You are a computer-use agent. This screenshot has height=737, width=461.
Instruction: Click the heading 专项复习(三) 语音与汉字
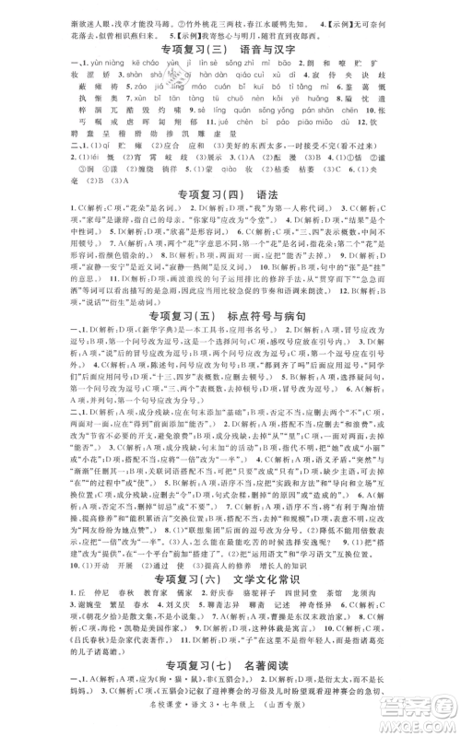[230, 51]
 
